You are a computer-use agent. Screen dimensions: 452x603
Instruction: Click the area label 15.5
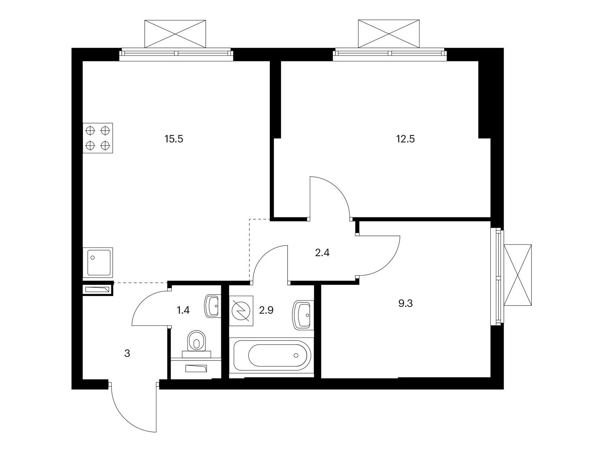[x=174, y=139]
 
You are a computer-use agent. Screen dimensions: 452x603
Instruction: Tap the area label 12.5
[x=405, y=139]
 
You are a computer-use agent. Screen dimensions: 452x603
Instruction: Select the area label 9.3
[x=406, y=303]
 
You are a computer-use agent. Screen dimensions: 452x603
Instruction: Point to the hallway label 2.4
[x=322, y=253]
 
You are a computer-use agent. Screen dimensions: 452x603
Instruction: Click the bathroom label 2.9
[x=266, y=310]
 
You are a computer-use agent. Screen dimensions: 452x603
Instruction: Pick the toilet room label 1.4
[x=183, y=310]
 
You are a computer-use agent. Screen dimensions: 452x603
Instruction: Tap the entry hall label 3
[x=127, y=353]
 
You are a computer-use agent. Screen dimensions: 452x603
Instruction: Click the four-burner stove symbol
[x=98, y=137]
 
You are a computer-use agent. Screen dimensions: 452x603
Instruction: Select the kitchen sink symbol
[x=98, y=263]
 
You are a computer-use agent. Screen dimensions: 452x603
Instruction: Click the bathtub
[x=271, y=355]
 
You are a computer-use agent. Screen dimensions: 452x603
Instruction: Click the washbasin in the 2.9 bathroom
[x=303, y=315]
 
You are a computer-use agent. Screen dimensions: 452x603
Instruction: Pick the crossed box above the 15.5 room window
[x=175, y=34]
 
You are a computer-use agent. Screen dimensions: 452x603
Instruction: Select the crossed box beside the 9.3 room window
[x=518, y=275]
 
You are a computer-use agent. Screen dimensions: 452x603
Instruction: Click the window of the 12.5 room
[x=389, y=53]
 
